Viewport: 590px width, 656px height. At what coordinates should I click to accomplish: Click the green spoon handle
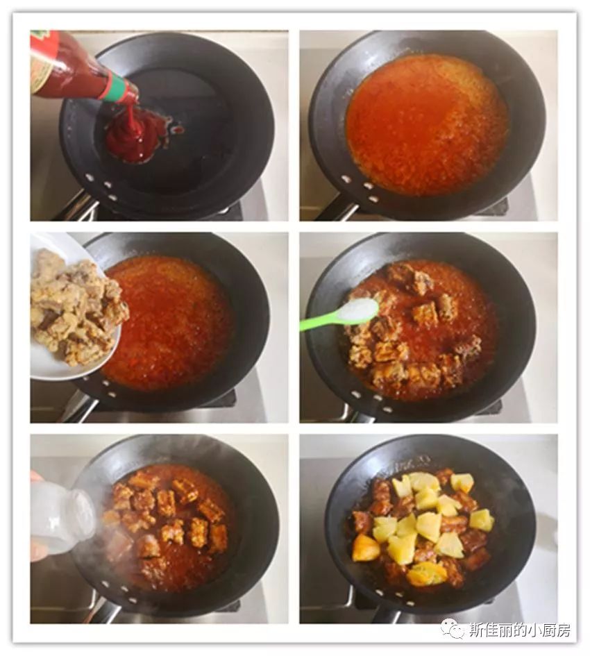tap(319, 320)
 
